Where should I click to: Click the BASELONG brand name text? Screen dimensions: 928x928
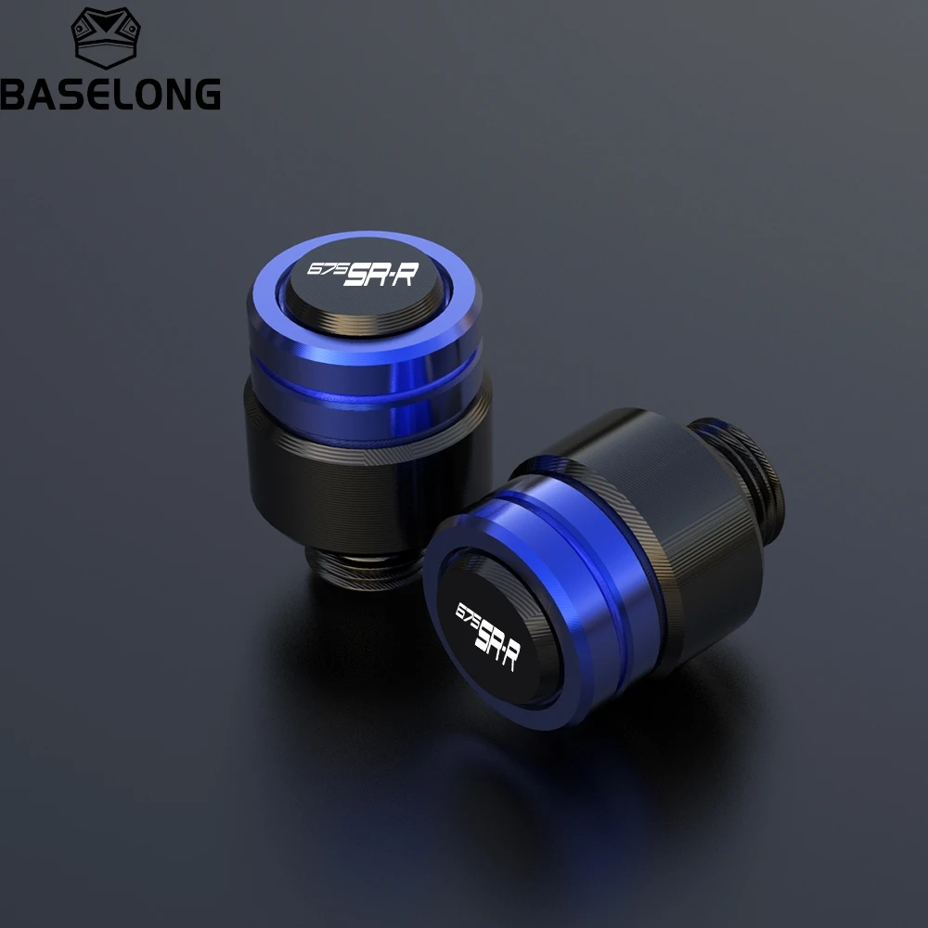tap(110, 94)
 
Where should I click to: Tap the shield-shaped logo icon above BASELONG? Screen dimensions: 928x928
tap(106, 38)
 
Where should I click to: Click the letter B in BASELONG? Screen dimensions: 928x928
tap(14, 94)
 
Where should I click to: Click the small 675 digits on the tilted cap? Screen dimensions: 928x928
tap(466, 614)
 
